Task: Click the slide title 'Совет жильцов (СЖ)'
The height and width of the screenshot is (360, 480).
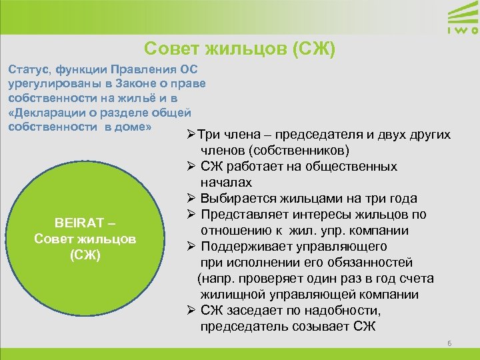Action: pos(239,49)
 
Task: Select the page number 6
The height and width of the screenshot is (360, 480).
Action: pos(449,343)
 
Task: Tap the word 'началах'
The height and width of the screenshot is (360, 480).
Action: pos(225,182)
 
